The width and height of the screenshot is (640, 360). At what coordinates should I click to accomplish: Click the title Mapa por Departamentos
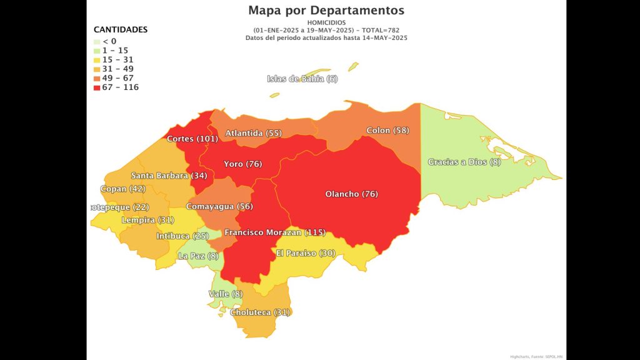pyautogui.click(x=326, y=10)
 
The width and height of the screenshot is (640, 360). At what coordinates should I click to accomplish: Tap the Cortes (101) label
pyautogui.click(x=192, y=139)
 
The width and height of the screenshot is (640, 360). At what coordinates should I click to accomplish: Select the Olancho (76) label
pyautogui.click(x=351, y=194)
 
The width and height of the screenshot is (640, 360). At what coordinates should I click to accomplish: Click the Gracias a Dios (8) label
pyautogui.click(x=464, y=162)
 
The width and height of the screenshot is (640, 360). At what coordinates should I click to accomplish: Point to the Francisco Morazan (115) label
pyautogui.click(x=275, y=232)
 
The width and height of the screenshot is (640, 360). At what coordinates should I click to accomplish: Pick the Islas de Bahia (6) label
pyautogui.click(x=302, y=79)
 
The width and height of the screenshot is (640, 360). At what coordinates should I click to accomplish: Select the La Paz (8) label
pyautogui.click(x=199, y=256)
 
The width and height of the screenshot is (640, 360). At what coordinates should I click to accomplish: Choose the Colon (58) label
pyautogui.click(x=387, y=131)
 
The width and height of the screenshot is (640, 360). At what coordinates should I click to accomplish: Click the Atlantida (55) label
pyautogui.click(x=254, y=134)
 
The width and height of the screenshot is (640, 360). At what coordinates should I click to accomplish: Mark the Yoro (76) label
pyautogui.click(x=242, y=164)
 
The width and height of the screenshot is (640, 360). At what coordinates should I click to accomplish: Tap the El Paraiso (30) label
pyautogui.click(x=306, y=254)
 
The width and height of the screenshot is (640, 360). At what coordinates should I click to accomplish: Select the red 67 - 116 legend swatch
pyautogui.click(x=97, y=87)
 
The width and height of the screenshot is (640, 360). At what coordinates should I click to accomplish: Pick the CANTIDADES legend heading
pyautogui.click(x=121, y=29)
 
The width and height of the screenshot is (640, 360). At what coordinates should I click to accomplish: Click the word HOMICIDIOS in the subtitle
pyautogui.click(x=326, y=22)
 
